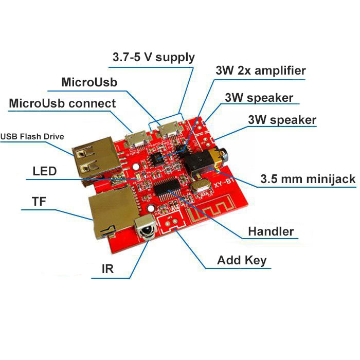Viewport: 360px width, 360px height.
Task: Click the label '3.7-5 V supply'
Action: click(153, 57)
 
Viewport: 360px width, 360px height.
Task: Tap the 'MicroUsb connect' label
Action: click(62, 103)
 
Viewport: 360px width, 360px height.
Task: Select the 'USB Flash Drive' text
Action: click(32, 137)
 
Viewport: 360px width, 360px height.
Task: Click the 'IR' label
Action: click(107, 269)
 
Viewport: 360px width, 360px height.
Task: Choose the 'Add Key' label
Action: click(242, 260)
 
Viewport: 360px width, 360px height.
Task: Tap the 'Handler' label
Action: click(271, 231)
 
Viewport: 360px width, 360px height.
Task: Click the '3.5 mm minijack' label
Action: click(308, 179)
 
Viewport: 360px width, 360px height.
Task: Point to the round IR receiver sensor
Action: click(145, 227)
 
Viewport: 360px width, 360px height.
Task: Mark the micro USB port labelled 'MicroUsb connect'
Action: click(136, 138)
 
